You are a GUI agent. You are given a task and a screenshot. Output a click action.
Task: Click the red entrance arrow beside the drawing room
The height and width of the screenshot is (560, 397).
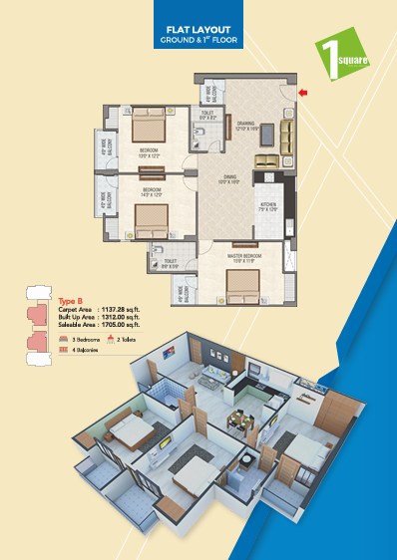303,94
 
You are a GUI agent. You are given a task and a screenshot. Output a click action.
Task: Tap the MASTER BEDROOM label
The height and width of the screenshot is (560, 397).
239,257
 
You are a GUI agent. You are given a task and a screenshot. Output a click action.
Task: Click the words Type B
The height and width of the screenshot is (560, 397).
69,301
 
